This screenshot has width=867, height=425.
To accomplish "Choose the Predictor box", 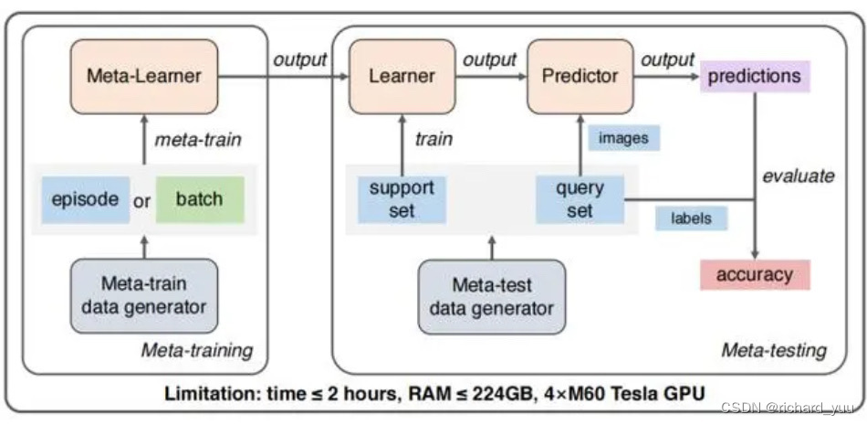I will click(580, 75).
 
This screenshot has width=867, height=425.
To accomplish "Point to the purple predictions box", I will click(755, 76).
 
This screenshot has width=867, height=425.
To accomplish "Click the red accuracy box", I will click(755, 273).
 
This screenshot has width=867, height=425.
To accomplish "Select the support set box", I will click(401, 199).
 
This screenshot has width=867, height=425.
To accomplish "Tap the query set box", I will click(580, 199).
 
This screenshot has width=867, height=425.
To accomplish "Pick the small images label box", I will click(623, 138).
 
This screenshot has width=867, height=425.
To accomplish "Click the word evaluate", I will click(798, 175).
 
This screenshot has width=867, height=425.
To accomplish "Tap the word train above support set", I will click(433, 140).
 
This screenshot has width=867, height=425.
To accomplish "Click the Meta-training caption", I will click(196, 351).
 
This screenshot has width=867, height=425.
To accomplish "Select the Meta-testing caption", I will click(773, 350).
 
